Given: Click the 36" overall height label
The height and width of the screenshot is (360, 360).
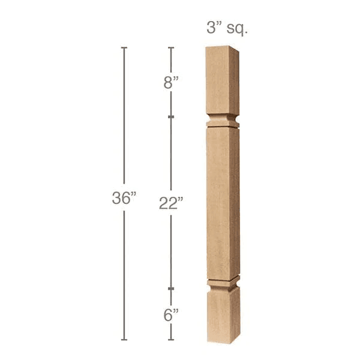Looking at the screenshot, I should point(124,199).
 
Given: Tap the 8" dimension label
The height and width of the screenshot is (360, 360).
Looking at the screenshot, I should point(172,83).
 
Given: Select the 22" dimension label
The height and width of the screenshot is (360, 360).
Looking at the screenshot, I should point(171,203).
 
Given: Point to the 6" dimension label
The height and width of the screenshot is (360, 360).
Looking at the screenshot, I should point(171,314).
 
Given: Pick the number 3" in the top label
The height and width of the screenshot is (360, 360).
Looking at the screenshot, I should point(212,28).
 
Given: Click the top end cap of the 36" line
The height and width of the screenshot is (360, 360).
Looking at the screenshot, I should point(124,47).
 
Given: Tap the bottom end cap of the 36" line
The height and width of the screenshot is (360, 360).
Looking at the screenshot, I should point(124,340).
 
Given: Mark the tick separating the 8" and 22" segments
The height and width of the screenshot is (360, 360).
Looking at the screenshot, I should point(171,116).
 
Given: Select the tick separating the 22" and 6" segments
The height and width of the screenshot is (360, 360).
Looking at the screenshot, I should point(171,289).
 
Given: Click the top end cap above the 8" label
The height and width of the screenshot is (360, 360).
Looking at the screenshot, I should point(171,47).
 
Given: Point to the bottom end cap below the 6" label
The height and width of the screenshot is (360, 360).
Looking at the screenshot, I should point(171,340).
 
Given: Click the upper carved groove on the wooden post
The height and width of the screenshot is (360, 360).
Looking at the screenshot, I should point(223,121).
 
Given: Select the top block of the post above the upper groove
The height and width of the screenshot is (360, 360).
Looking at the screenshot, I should point(222,81).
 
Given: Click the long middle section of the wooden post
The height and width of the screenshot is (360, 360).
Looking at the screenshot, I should point(223,201).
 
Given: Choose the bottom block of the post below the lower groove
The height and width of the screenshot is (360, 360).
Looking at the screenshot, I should point(224,315).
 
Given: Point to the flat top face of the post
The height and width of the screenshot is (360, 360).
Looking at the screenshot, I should point(222,47).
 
